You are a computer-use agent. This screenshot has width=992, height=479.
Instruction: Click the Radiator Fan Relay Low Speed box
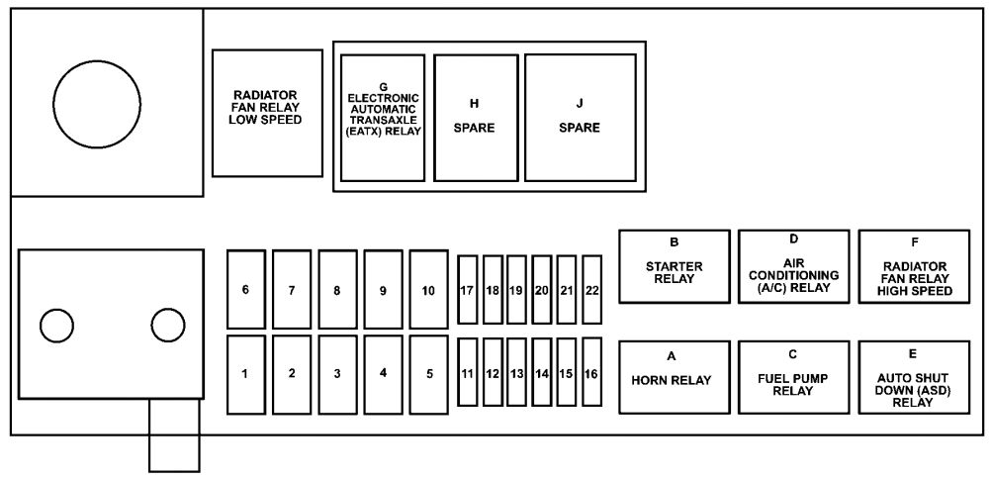coord(267,113)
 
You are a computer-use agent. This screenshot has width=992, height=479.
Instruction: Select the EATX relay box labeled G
coord(383,117)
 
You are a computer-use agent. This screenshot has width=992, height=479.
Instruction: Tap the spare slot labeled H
coord(476,117)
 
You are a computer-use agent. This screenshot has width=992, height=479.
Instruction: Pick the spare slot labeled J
coord(580,117)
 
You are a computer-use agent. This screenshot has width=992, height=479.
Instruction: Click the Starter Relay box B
coord(674,265)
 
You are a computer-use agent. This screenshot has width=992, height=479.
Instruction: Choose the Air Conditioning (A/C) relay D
coord(793,265)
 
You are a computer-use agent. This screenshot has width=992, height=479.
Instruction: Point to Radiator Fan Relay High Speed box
coord(914,265)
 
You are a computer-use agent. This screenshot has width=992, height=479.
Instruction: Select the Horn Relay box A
coord(674,376)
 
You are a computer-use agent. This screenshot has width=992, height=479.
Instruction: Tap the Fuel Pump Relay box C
coord(793,376)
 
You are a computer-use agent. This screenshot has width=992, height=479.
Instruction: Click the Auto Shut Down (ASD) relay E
coord(914,376)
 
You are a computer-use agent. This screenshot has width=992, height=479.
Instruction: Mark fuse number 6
coord(245,289)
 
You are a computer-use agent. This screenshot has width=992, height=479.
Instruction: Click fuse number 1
coord(245,374)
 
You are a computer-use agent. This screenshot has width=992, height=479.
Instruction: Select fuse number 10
coord(428,289)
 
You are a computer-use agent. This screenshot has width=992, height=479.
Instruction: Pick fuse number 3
coord(337,374)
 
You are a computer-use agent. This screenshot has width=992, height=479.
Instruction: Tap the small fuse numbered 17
coord(468,289)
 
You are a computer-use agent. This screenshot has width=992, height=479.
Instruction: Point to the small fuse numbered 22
coord(591,289)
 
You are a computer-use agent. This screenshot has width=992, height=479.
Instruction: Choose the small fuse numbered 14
coord(542,373)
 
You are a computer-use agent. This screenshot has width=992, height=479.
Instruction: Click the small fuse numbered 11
coord(468,373)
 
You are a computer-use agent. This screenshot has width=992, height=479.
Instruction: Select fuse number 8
coord(337,289)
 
